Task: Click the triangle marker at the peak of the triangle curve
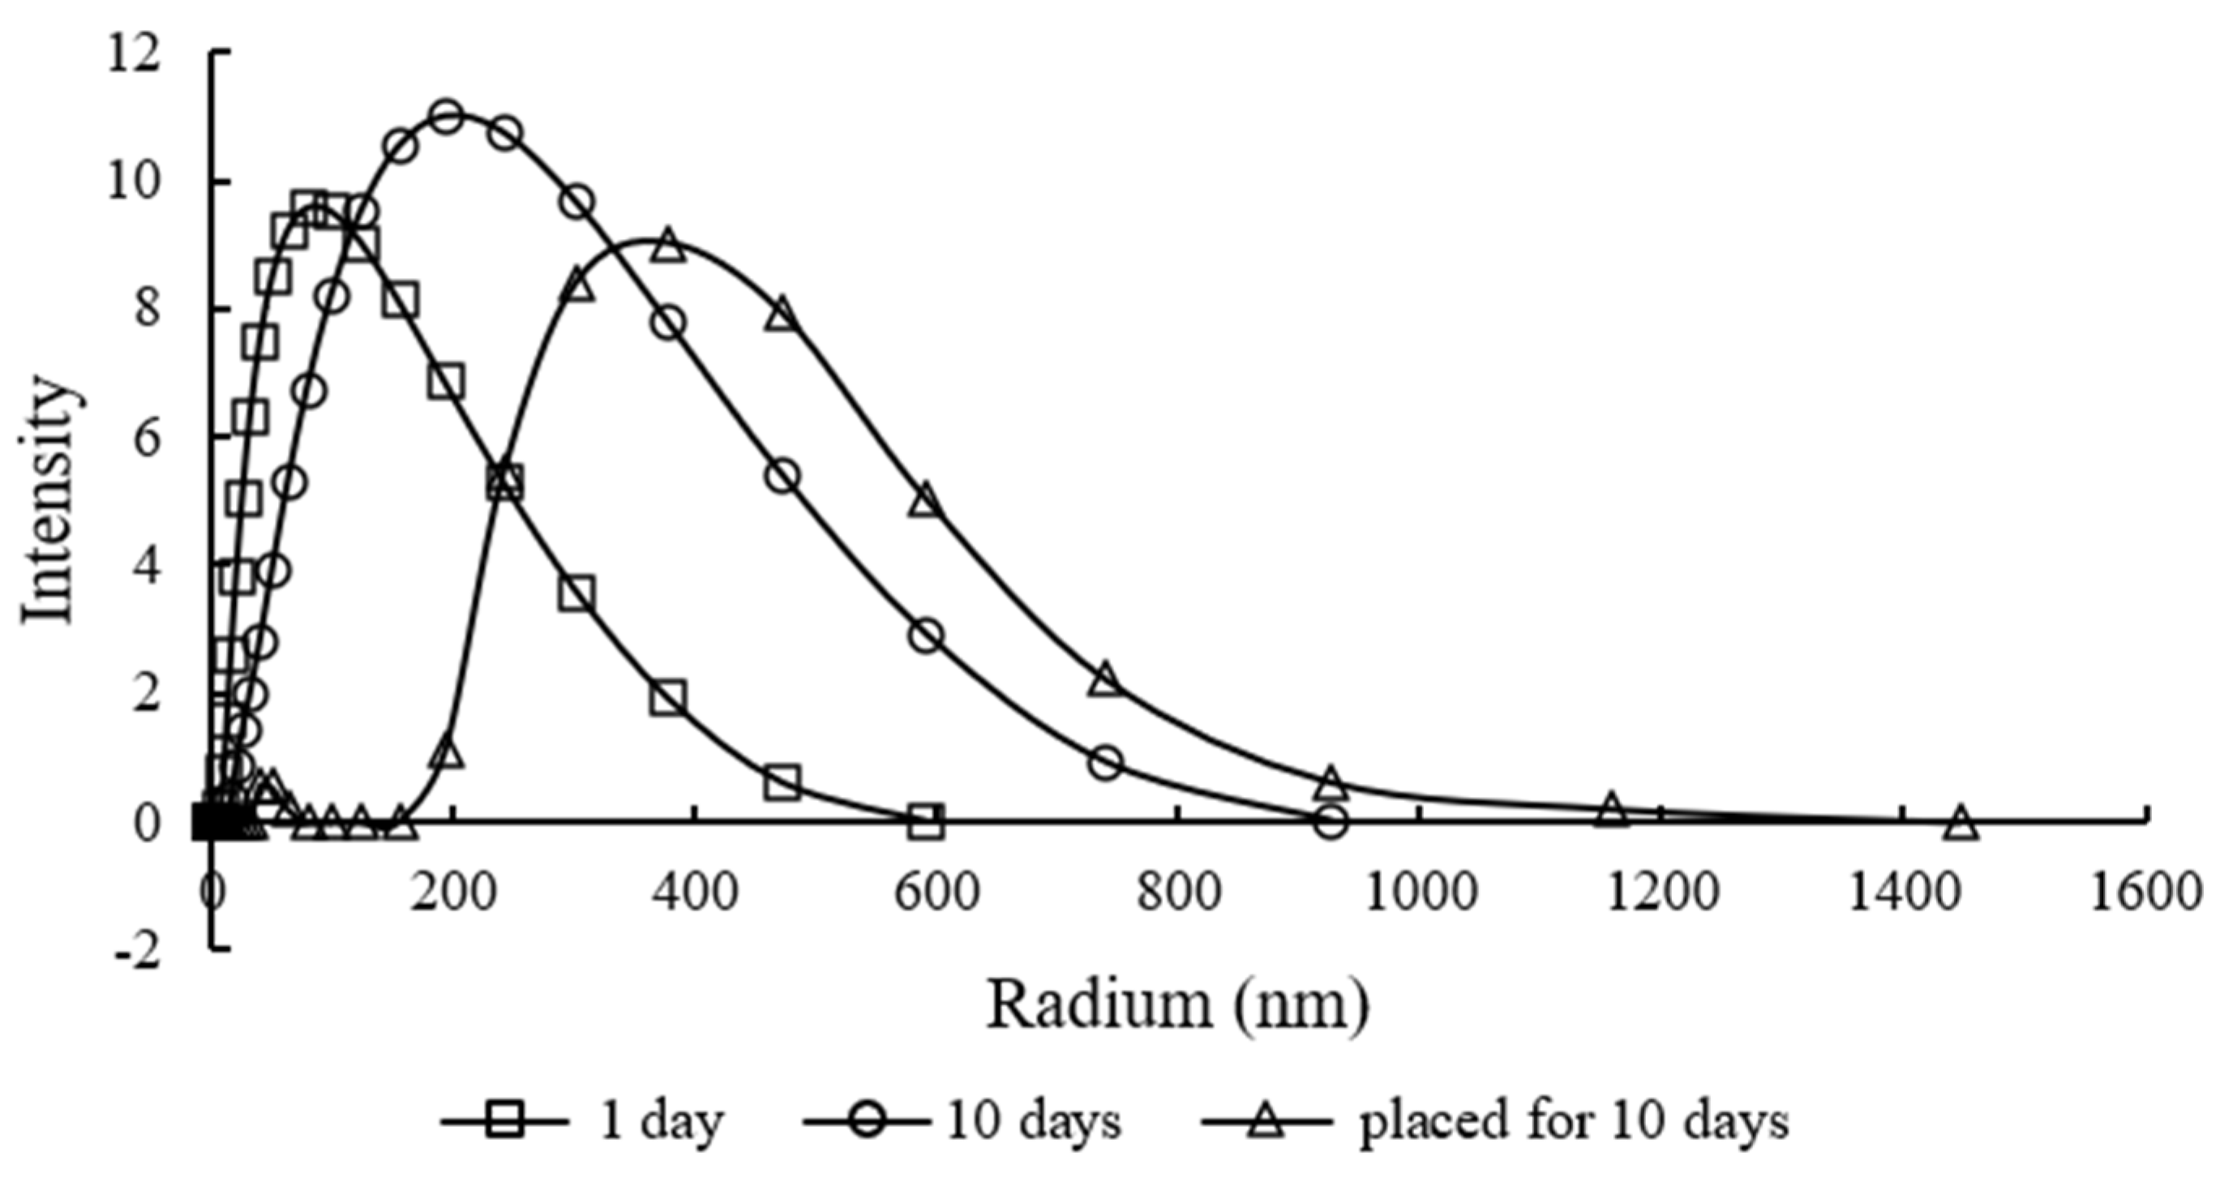tap(669, 247)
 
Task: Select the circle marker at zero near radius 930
tap(1331, 822)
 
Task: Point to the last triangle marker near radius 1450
tap(1961, 822)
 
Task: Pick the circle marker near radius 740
tap(1107, 762)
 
